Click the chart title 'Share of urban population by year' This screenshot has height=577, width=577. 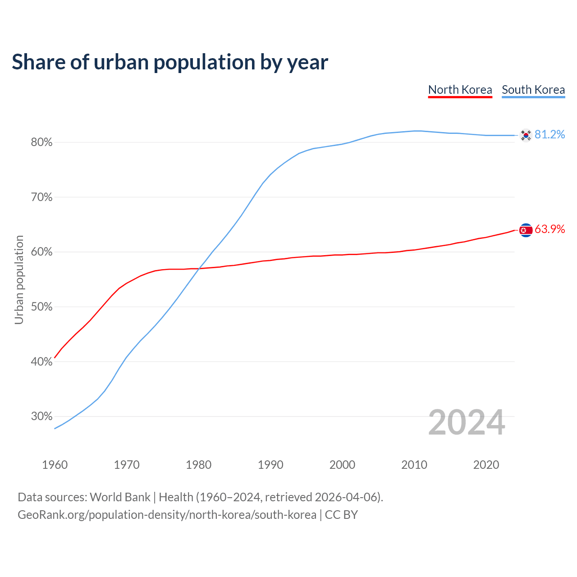[169, 62]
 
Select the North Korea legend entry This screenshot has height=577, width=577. [460, 90]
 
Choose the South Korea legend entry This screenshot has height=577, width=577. [533, 90]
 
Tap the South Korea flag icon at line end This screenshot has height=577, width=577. [526, 135]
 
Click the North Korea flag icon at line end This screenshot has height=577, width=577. [526, 230]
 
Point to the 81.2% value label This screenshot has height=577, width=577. [550, 135]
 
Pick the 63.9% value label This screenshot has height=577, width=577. [550, 229]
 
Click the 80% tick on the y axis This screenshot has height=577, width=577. [41, 142]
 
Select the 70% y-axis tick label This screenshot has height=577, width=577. [41, 197]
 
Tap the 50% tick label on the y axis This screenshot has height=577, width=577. [41, 307]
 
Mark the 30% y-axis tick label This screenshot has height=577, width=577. [41, 417]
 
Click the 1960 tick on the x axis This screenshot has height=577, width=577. [55, 465]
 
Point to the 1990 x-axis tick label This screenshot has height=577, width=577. [270, 465]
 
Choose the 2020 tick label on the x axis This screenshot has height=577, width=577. [486, 465]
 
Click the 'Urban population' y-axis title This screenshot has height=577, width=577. [19, 279]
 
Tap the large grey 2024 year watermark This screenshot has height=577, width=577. [467, 423]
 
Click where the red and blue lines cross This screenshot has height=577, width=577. [199, 269]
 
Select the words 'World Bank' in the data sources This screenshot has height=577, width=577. [120, 497]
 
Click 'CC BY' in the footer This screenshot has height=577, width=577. [341, 515]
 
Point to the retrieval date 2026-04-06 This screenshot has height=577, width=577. [345, 497]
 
